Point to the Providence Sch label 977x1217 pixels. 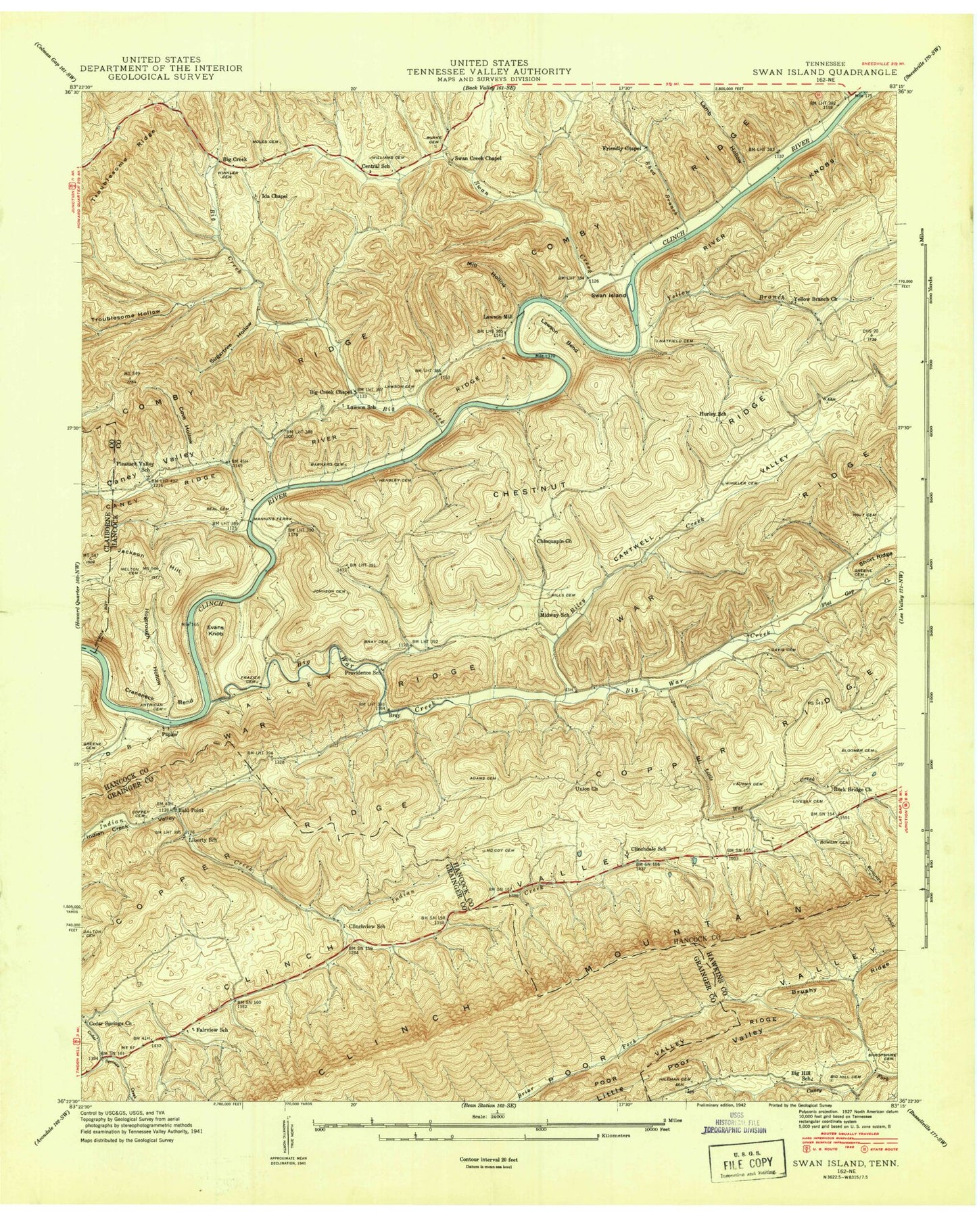364,673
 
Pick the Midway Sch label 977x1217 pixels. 552,614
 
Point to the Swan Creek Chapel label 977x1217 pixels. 477,158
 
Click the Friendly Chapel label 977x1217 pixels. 622,147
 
